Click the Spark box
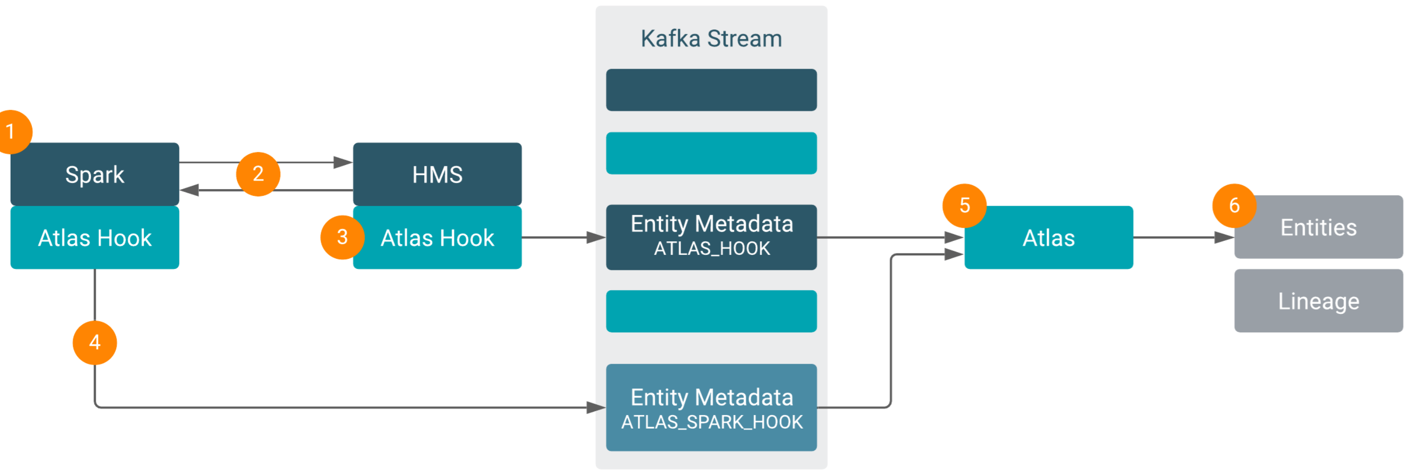(x=95, y=174)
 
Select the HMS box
(x=437, y=174)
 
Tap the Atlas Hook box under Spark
(x=95, y=238)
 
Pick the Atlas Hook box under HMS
(x=437, y=238)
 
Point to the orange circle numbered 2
(x=258, y=174)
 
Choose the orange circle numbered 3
(x=342, y=237)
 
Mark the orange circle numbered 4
(x=95, y=342)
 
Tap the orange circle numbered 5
(x=965, y=206)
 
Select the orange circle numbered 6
(x=1234, y=206)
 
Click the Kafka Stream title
(x=711, y=39)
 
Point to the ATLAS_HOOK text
(x=712, y=249)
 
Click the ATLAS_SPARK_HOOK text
(x=712, y=422)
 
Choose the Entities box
(x=1319, y=227)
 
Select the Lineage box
(x=1319, y=301)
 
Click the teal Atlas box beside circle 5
(x=1048, y=238)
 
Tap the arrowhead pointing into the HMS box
(x=343, y=162)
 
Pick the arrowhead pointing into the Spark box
(x=189, y=190)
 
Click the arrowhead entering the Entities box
(x=1224, y=237)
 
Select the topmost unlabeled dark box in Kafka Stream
(x=711, y=89)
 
